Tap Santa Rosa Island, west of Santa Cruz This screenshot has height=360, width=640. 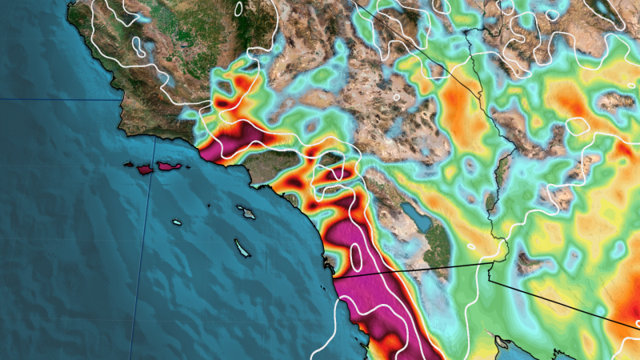click(x=145, y=170)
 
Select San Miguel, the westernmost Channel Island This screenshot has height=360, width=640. click(x=128, y=165)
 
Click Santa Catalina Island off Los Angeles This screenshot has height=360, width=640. click(x=245, y=212)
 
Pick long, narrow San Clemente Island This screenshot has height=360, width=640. click(x=242, y=249)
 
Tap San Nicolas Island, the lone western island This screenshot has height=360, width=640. click(x=176, y=222)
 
